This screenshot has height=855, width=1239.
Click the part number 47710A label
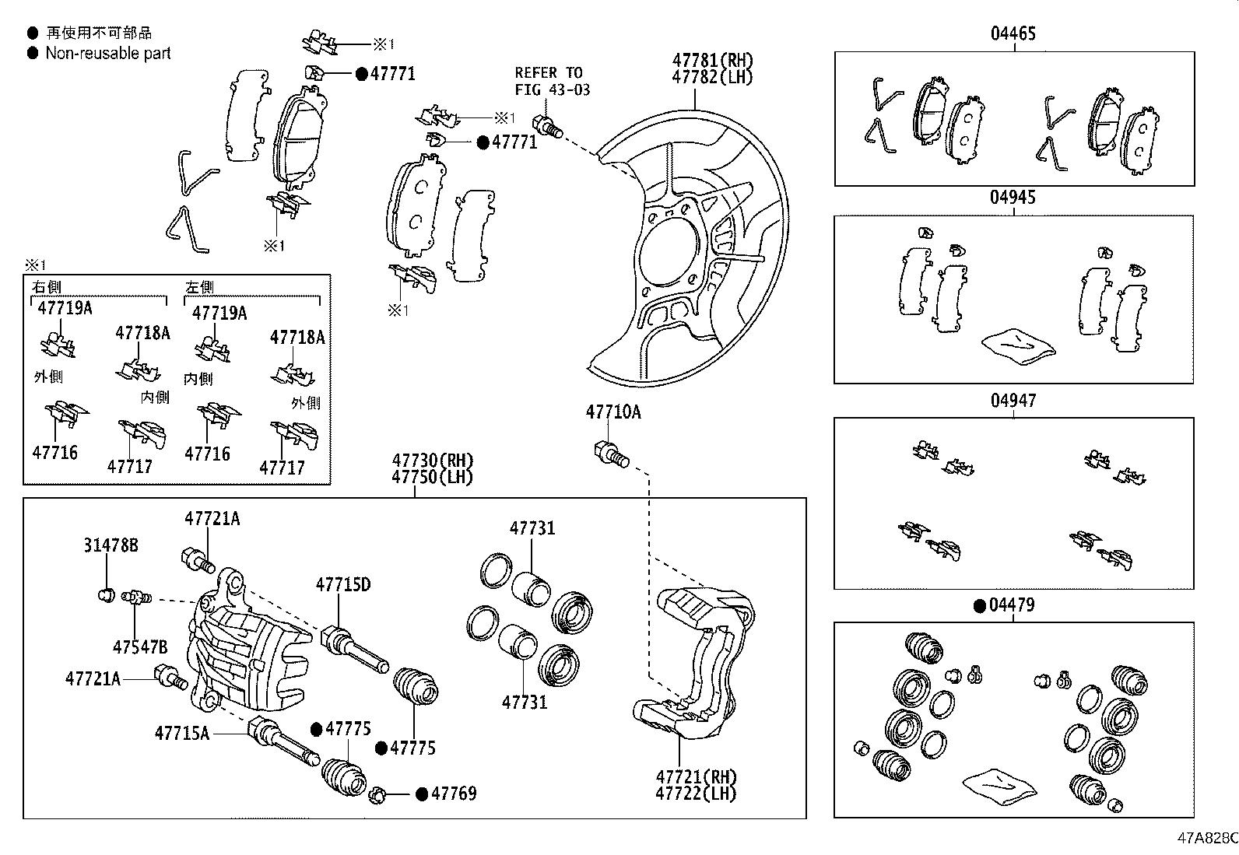(613, 412)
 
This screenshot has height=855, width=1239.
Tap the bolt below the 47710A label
(611, 454)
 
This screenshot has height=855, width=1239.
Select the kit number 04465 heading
(1013, 33)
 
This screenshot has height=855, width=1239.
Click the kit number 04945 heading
(1013, 198)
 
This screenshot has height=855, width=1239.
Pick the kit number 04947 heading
(1013, 401)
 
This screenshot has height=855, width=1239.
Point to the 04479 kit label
(1012, 605)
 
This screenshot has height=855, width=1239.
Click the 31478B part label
(111, 545)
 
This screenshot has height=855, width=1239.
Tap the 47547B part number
(140, 647)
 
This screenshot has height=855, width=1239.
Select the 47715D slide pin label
(342, 584)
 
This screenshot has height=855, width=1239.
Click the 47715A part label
(182, 732)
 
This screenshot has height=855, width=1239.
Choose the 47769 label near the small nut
(454, 794)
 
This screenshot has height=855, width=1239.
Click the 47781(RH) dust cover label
(713, 60)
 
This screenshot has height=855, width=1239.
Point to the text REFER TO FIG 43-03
(552, 81)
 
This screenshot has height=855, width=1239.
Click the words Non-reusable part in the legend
(108, 53)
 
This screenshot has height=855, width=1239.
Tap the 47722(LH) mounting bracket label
(696, 794)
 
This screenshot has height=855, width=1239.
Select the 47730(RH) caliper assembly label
(432, 461)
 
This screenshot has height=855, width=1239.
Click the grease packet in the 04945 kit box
(1017, 345)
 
